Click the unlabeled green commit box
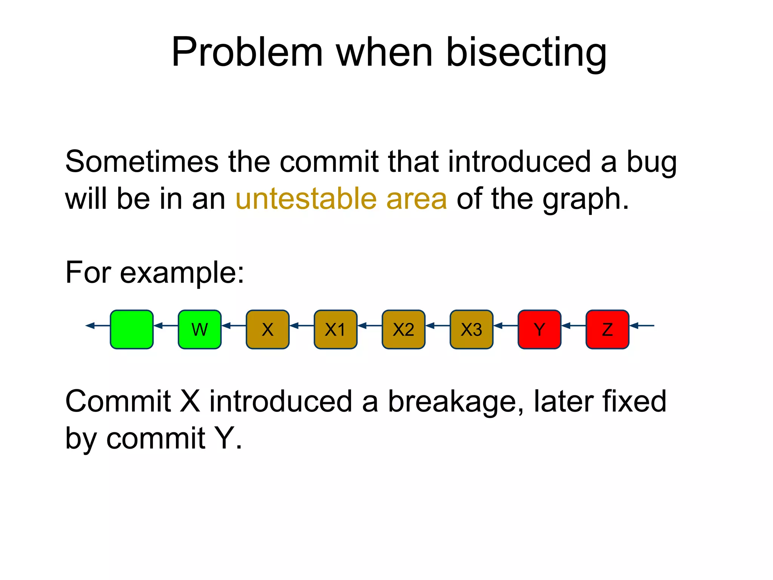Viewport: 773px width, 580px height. click(132, 329)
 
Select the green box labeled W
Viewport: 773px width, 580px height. click(200, 329)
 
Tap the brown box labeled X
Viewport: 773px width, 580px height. click(268, 329)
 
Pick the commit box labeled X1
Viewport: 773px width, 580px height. click(336, 329)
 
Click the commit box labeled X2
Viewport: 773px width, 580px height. click(403, 329)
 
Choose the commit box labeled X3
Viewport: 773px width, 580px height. click(471, 329)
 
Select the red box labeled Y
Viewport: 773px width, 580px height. click(539, 329)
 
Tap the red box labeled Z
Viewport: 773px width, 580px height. click(607, 329)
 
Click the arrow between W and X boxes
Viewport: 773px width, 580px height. click(234, 325)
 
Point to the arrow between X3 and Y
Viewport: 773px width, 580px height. click(505, 325)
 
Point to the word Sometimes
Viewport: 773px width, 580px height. click(142, 162)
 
